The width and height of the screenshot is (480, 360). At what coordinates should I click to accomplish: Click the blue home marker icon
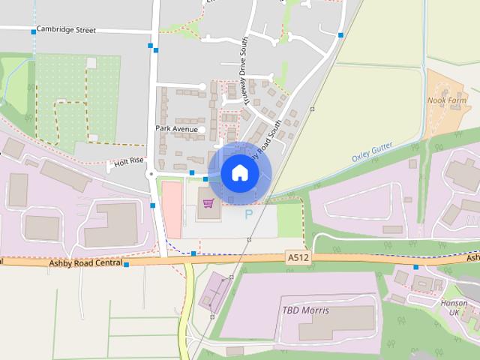[239, 173]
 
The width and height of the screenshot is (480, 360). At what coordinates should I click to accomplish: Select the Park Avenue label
[177, 129]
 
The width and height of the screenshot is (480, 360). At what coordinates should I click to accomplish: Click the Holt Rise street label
[128, 160]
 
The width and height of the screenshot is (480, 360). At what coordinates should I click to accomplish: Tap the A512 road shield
[298, 257]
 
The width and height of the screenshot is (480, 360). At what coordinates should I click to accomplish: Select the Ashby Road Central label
[85, 263]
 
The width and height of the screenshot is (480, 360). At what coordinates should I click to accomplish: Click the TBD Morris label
[305, 310]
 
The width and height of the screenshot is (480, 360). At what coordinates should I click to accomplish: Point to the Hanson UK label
[454, 307]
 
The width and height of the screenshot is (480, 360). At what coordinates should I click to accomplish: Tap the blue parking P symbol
[249, 215]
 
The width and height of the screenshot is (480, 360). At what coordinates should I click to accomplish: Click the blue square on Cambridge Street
[34, 31]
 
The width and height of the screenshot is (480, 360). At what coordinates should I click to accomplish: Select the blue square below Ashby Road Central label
[126, 265]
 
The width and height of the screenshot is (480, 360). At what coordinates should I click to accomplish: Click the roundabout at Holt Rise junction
[151, 174]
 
